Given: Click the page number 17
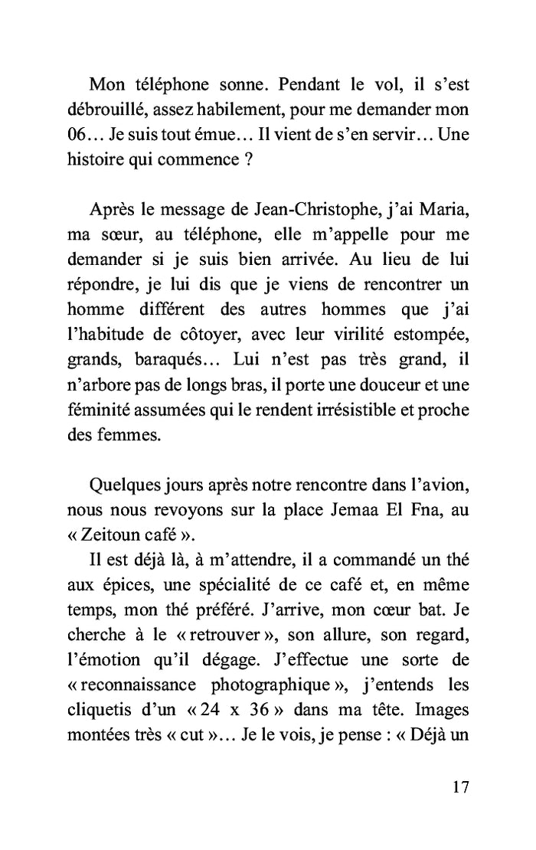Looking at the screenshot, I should click(457, 787).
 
